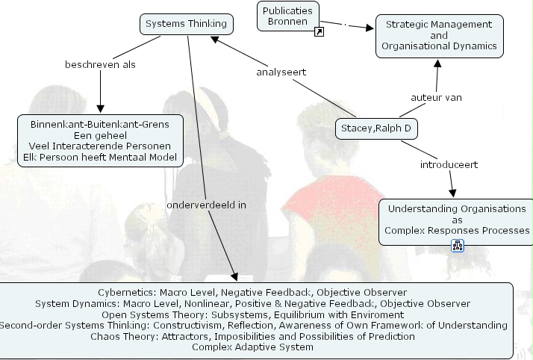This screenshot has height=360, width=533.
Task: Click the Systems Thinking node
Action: click(187, 24)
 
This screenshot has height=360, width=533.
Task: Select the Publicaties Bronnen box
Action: click(288, 16)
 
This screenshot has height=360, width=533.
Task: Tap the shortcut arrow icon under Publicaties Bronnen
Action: click(319, 32)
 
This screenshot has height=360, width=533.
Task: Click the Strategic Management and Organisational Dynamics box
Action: click(439, 36)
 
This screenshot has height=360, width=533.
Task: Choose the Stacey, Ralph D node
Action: click(376, 128)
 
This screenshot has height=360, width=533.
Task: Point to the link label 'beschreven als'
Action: click(100, 64)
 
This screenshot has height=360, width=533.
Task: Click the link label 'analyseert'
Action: click(281, 72)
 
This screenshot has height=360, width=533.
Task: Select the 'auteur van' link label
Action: click(437, 98)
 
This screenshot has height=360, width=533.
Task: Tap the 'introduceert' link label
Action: click(449, 164)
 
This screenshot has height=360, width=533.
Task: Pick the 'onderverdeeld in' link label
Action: click(206, 205)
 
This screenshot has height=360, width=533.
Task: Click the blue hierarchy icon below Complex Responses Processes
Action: click(458, 246)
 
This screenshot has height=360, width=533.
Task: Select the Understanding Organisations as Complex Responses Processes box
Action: click(457, 222)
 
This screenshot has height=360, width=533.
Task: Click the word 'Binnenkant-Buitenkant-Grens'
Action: click(100, 125)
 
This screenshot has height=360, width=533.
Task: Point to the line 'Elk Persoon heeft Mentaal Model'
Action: click(100, 157)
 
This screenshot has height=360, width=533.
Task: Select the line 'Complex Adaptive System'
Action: click(252, 347)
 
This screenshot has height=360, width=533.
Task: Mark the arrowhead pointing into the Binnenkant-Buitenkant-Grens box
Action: click(100, 109)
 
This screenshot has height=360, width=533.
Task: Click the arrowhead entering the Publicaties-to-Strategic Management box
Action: click(370, 28)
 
